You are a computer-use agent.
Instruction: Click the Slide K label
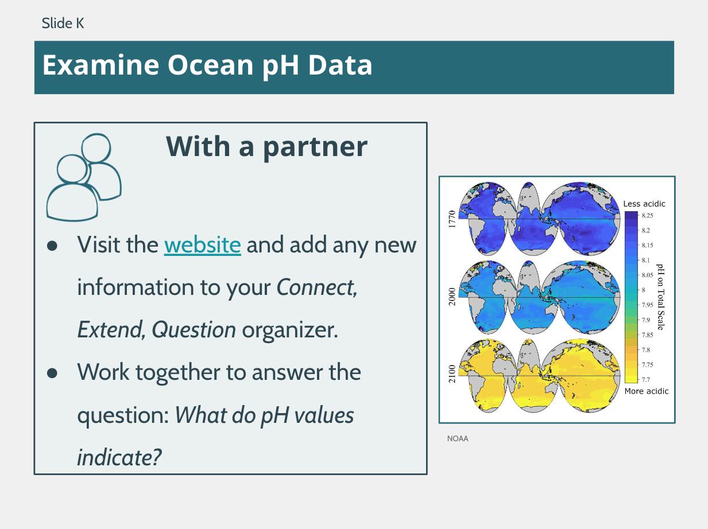63,23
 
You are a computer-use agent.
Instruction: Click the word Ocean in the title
210,65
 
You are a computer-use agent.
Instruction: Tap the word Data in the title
340,65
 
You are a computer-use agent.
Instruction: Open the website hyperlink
202,245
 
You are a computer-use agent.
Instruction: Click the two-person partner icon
84,177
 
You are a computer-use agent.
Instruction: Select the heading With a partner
267,147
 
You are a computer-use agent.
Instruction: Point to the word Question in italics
194,330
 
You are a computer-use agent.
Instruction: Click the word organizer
290,330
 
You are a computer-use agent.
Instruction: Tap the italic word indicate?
119,457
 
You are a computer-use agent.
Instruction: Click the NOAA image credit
458,438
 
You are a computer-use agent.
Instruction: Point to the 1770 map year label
452,219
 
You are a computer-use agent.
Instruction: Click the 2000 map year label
452,297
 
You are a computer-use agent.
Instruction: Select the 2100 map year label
452,374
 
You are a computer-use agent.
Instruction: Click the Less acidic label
644,204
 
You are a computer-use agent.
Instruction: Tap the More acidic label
647,391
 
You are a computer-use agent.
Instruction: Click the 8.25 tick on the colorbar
647,216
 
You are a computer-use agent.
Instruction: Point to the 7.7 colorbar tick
645,380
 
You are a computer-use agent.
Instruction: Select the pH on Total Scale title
660,297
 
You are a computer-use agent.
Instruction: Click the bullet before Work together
52,373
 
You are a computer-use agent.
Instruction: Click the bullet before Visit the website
52,246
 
